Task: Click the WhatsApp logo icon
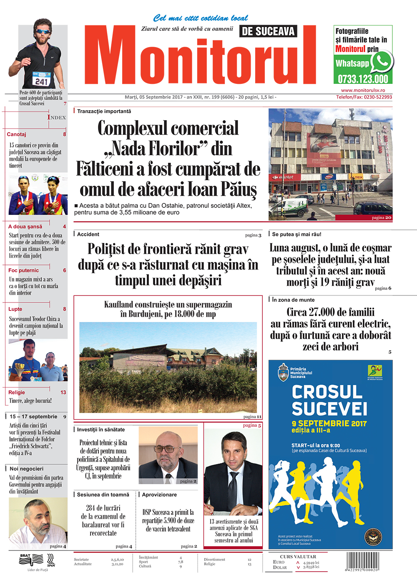coord(381,62)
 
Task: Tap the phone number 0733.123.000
coord(362,79)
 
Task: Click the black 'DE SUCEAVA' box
coord(268,31)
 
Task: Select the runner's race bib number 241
coord(41,81)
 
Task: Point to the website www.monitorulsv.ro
coord(363,90)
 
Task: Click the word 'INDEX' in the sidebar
coord(57,117)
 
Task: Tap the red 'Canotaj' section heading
coord(17,134)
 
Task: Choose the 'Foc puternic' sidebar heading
coord(23,270)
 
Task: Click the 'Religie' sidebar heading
coord(17,392)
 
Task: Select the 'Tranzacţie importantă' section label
coord(104,111)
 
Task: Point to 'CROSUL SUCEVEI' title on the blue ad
coord(329,400)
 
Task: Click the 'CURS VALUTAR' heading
coord(298,557)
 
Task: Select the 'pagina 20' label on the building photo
coord(382,217)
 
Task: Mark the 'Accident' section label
coord(88,235)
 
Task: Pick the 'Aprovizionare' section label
coord(159,494)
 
